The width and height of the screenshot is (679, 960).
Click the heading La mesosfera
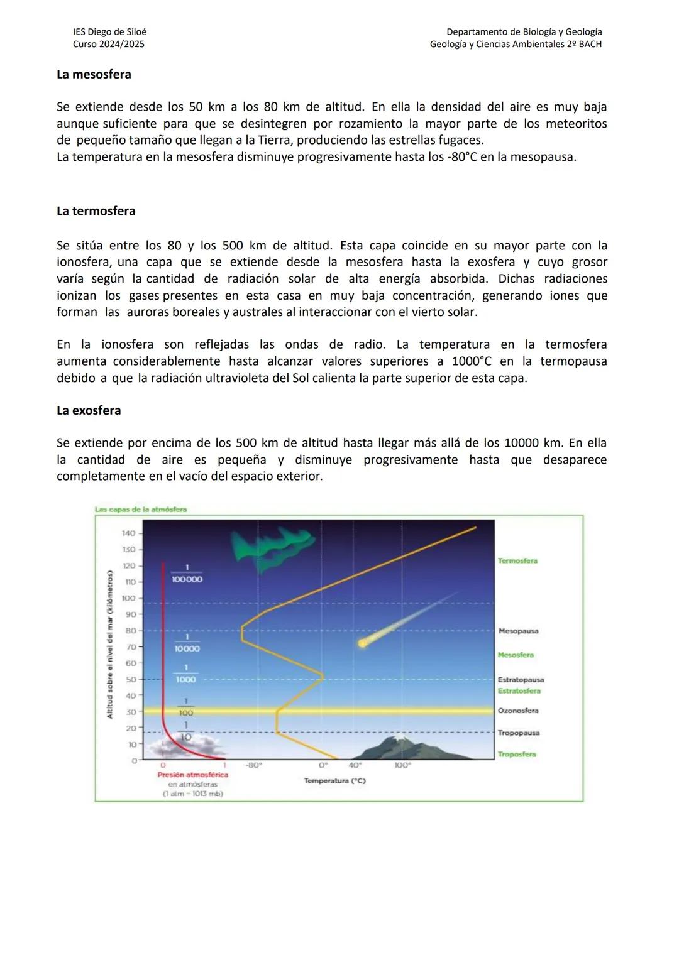pyautogui.click(x=94, y=74)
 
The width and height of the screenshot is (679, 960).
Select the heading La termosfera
pyautogui.click(x=96, y=211)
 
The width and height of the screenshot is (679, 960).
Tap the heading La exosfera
pyautogui.click(x=89, y=410)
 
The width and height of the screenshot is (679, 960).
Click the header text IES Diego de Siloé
pyautogui.click(x=109, y=31)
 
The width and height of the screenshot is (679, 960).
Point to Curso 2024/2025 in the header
pyautogui.click(x=108, y=44)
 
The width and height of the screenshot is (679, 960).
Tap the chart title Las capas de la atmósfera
pyautogui.click(x=140, y=510)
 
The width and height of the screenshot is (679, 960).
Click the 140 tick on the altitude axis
pyautogui.click(x=128, y=533)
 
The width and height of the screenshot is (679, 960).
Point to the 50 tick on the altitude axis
pyautogui.click(x=131, y=680)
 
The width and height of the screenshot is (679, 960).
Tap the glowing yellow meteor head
pyautogui.click(x=362, y=643)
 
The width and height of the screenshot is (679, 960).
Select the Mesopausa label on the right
pyautogui.click(x=518, y=631)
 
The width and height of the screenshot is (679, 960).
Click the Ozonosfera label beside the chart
pyautogui.click(x=518, y=711)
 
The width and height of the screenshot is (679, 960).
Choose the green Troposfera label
pyautogui.click(x=516, y=754)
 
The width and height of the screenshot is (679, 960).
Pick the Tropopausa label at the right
pyautogui.click(x=518, y=733)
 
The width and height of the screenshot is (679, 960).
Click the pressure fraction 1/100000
pyautogui.click(x=187, y=575)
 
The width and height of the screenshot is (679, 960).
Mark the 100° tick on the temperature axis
pyautogui.click(x=402, y=766)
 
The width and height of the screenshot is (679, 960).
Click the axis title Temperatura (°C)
pyautogui.click(x=334, y=780)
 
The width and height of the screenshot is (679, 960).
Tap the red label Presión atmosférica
pyautogui.click(x=192, y=775)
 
